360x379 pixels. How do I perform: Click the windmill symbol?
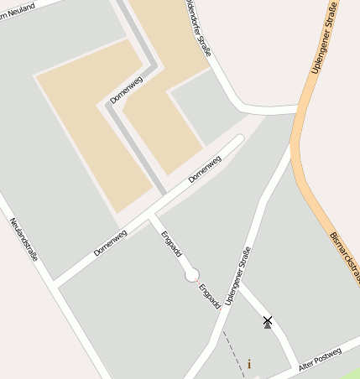pos(268,321)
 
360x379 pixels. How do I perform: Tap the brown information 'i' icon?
pos(248,365)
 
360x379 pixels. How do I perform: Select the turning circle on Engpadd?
pos(192,273)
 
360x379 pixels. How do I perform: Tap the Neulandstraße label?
pos(24,239)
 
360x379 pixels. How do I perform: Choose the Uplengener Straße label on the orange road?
pos(323,38)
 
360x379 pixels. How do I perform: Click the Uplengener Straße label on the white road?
pos(239,276)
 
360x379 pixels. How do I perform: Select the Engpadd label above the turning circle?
pos(171,244)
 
